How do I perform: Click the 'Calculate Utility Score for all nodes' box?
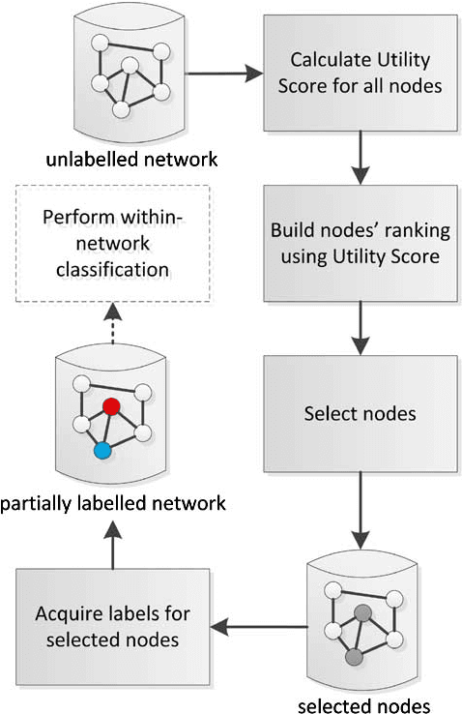click(x=361, y=74)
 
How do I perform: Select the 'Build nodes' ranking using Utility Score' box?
click(x=361, y=244)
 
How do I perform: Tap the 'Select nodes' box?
click(x=361, y=413)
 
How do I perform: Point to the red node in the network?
click(x=111, y=407)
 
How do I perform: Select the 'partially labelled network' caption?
click(x=113, y=503)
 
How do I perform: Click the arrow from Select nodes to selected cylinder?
click(x=361, y=507)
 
